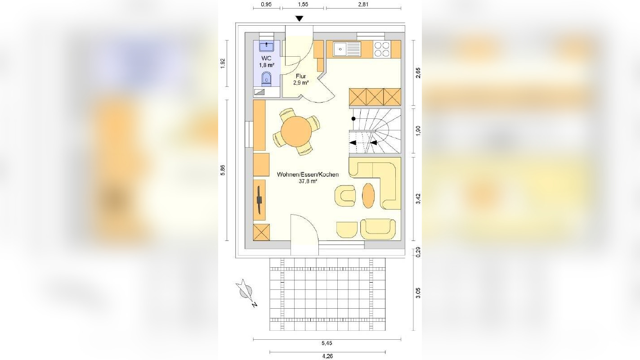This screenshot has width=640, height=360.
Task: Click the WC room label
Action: click(x=266, y=58)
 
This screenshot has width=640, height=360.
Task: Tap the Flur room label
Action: click(x=301, y=76)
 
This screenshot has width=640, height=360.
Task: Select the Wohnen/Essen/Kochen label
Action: click(x=308, y=175)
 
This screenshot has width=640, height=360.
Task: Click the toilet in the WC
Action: click(x=266, y=79)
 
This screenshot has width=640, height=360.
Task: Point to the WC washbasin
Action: click(x=266, y=46)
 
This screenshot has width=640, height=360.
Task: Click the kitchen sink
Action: click(x=347, y=49)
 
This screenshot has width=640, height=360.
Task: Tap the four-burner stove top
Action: click(x=382, y=49)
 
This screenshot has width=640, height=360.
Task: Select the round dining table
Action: click(x=296, y=131)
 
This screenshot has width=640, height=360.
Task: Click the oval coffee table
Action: click(x=368, y=196)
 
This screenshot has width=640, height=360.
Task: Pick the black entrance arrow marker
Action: click(x=299, y=18)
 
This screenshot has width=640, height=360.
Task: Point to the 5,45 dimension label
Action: click(x=327, y=343)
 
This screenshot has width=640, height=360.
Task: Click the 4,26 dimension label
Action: click(x=327, y=356)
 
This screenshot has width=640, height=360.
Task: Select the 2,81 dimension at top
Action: click(x=363, y=4)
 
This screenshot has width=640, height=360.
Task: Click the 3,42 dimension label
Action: click(x=418, y=198)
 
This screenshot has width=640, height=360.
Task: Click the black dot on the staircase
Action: click(x=354, y=119)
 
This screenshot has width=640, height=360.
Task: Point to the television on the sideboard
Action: click(x=260, y=200)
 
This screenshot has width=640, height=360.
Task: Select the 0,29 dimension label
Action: click(x=418, y=252)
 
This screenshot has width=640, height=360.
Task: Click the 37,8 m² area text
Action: click(x=308, y=181)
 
